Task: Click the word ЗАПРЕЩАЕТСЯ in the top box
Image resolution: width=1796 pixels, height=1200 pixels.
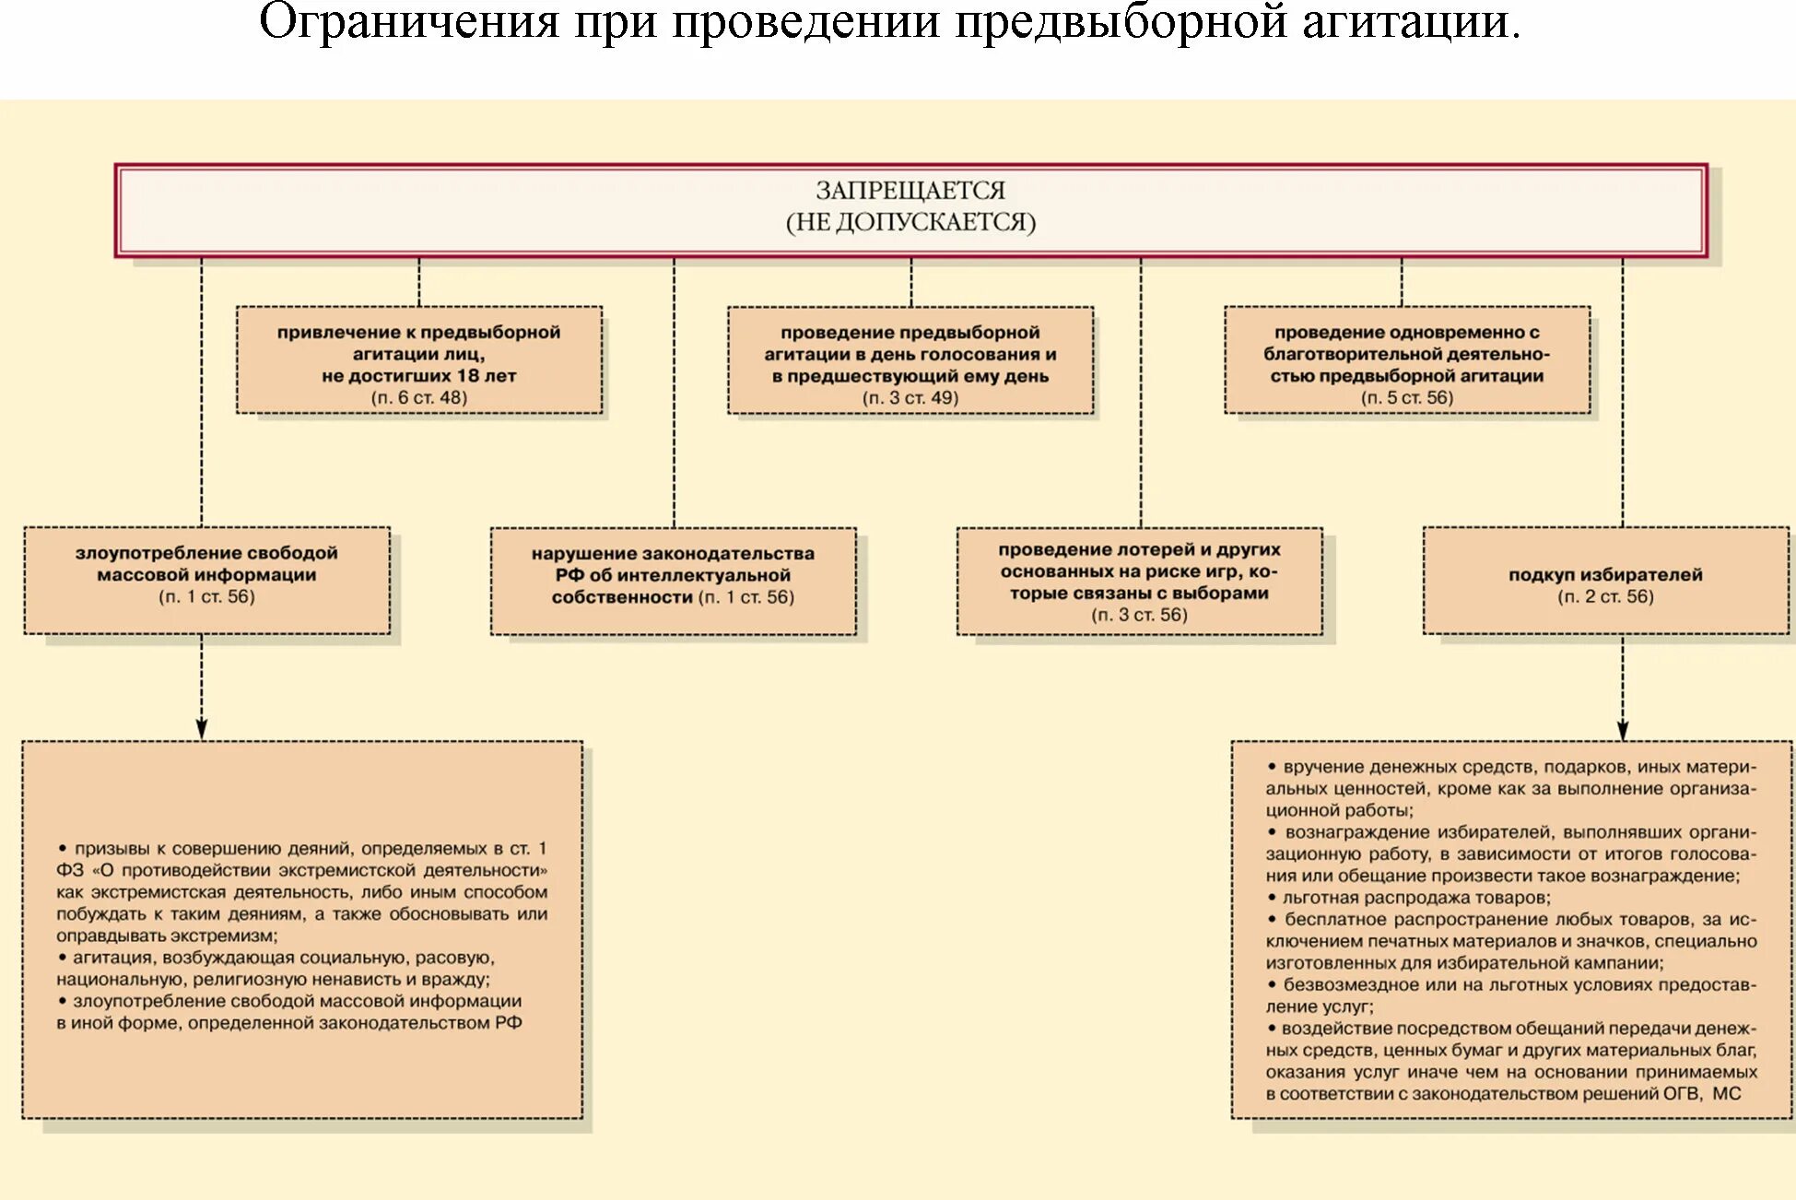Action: point(910,191)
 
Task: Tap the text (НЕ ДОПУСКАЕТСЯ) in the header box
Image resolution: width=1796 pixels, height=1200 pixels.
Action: point(910,222)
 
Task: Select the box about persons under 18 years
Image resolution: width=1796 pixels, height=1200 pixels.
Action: point(419,359)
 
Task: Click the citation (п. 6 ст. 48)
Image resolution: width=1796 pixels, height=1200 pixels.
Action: point(419,398)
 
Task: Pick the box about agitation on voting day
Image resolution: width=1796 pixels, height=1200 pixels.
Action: point(910,359)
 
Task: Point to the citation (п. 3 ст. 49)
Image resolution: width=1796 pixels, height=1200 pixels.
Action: point(910,398)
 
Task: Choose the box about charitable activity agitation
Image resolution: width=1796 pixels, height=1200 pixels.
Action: point(1407,359)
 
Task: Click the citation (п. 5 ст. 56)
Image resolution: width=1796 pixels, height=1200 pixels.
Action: point(1407,398)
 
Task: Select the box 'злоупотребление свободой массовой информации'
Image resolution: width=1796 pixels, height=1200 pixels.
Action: point(206,579)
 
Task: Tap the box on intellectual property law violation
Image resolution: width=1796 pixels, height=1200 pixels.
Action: point(673,581)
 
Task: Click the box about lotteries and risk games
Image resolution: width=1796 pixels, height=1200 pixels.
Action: point(1140,581)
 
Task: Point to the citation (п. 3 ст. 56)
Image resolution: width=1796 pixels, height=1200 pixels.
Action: point(1140,615)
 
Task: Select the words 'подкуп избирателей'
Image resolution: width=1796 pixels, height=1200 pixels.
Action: point(1605,575)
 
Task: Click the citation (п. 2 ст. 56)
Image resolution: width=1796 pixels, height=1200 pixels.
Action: point(1605,597)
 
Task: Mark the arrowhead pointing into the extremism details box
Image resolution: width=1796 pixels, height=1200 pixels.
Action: point(202,729)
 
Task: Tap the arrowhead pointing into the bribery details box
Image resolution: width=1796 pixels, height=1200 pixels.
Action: point(1623,730)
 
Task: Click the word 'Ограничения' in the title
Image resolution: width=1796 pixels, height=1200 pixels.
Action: point(409,22)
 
